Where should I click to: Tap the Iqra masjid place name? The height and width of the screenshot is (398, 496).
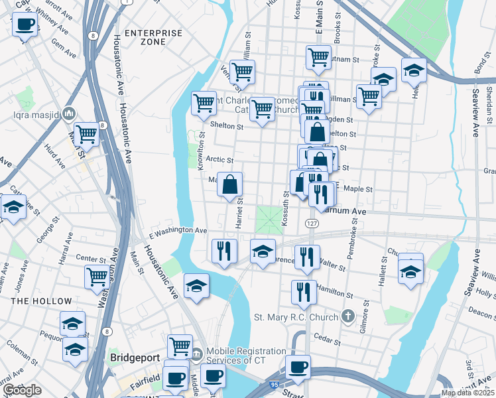pyautogui.click(x=42, y=115)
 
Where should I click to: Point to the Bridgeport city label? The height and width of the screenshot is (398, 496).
pyautogui.click(x=135, y=358)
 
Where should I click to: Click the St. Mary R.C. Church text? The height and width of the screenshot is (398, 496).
pyautogui.click(x=296, y=317)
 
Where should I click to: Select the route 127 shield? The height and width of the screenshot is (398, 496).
pyautogui.click(x=311, y=224)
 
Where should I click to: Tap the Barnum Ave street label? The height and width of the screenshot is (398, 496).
pyautogui.click(x=345, y=211)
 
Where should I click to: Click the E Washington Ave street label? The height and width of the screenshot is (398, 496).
pyautogui.click(x=178, y=230)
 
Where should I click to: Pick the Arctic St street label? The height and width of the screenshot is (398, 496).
pyautogui.click(x=219, y=160)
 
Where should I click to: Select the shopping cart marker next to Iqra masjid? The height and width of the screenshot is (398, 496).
pyautogui.click(x=87, y=134)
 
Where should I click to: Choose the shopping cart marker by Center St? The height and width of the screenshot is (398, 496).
pyautogui.click(x=97, y=276)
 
